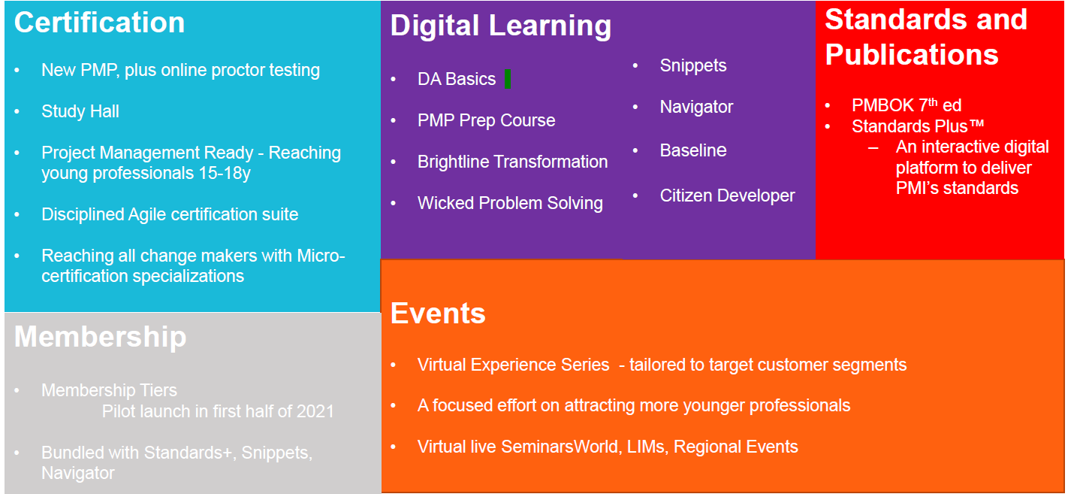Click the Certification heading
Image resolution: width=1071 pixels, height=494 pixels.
click(99, 23)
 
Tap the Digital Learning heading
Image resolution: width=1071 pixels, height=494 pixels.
click(501, 26)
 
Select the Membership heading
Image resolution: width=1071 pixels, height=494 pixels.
click(101, 336)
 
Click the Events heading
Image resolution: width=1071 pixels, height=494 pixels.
click(438, 314)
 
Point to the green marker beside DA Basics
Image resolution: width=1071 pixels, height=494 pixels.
click(508, 79)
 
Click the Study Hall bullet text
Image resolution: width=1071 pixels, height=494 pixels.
click(80, 111)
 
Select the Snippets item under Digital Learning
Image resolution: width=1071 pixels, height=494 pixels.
click(692, 66)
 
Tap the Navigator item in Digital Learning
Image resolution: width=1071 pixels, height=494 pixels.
click(696, 108)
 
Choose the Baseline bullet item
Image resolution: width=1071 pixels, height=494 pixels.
click(693, 150)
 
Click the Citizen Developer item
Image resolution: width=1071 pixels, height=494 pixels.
click(727, 195)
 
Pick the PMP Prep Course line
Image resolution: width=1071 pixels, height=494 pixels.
click(486, 120)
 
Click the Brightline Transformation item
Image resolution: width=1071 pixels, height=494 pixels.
click(512, 162)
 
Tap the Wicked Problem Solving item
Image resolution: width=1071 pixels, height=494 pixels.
click(510, 204)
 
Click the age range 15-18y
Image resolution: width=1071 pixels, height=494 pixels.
click(225, 173)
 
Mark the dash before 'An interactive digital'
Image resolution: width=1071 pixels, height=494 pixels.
click(873, 148)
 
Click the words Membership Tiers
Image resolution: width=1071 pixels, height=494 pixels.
click(109, 390)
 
